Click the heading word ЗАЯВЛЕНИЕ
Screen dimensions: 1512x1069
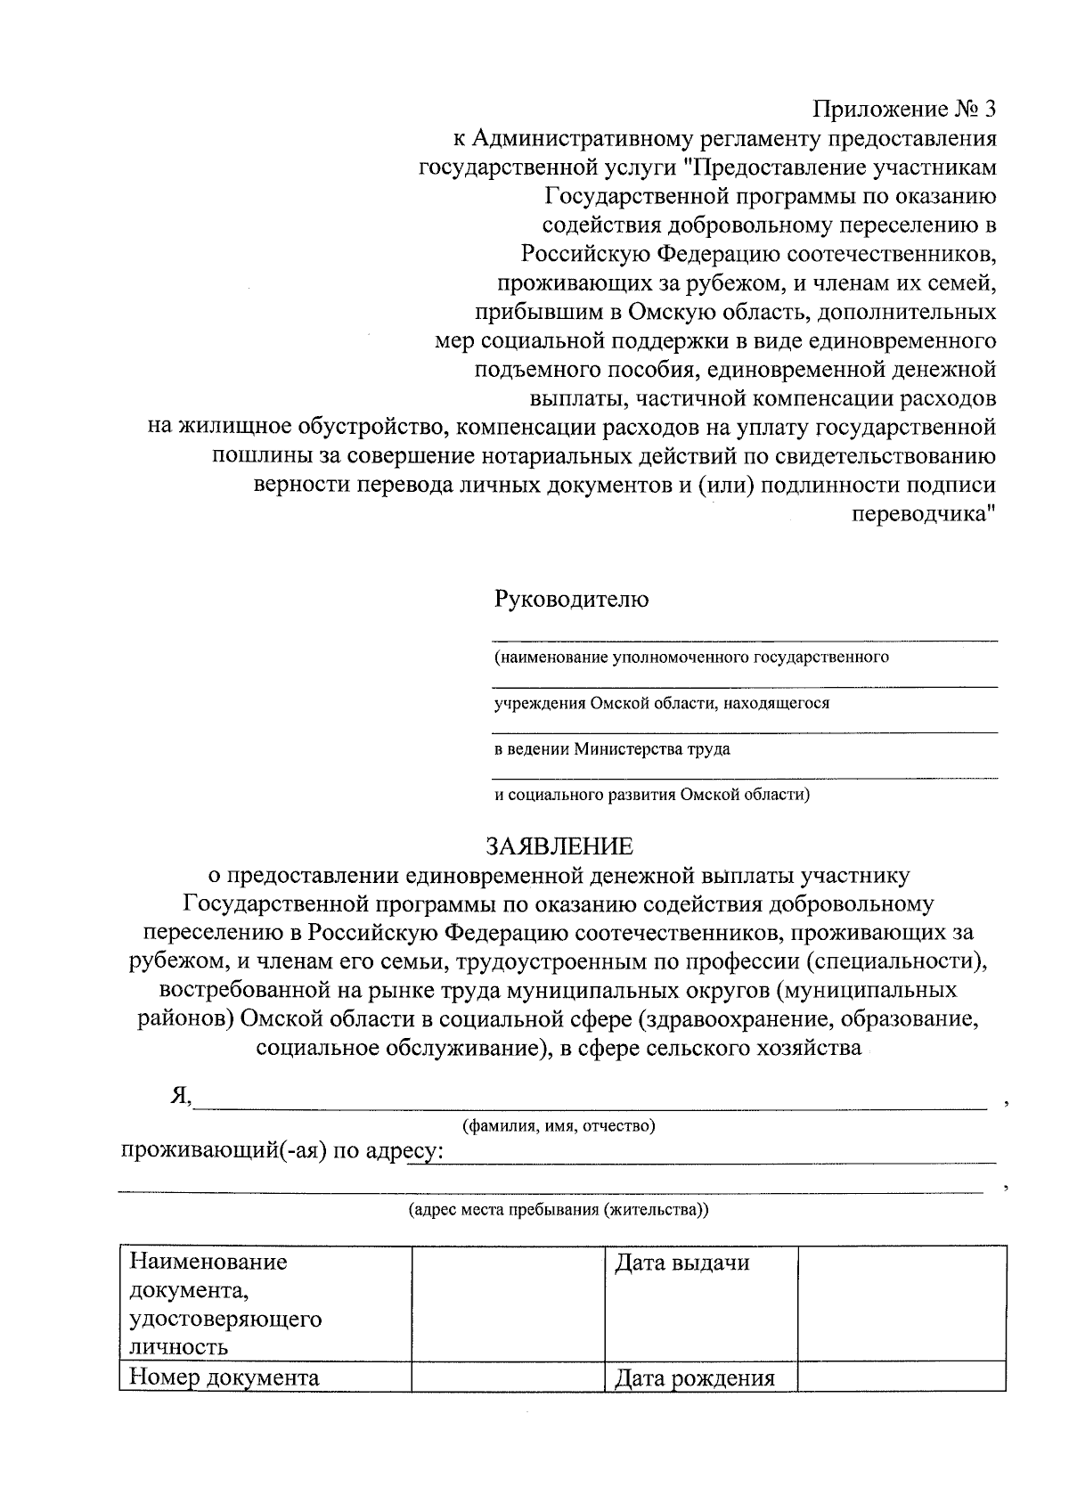[x=559, y=846]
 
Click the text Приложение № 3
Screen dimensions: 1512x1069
[x=903, y=110]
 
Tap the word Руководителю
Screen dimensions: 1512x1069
[x=571, y=599]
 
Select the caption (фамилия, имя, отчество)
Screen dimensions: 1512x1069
[x=559, y=1126]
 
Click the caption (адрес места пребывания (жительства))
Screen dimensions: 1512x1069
[x=559, y=1210]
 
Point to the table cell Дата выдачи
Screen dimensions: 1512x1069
[x=681, y=1263]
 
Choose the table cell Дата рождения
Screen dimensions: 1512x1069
[x=694, y=1379]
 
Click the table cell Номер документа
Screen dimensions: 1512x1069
[x=224, y=1377]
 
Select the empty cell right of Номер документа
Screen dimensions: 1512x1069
[x=508, y=1377]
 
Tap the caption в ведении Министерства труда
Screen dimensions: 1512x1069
[x=612, y=749]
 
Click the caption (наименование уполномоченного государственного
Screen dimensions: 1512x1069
[x=691, y=658]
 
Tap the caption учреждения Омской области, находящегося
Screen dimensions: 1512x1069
[x=662, y=703]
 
